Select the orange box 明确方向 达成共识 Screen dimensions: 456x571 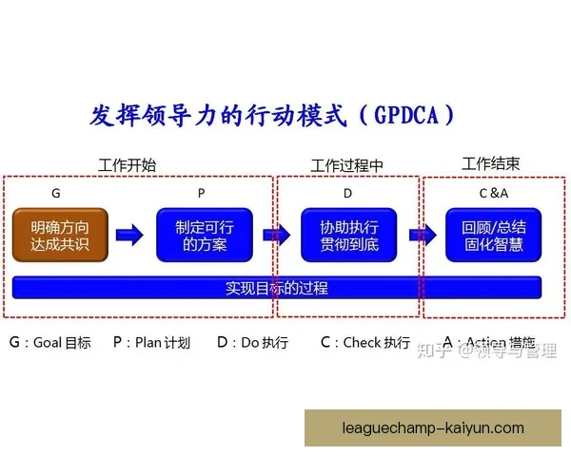point(61,236)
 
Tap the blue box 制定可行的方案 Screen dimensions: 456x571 point(205,236)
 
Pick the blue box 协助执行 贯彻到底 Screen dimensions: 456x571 point(349,236)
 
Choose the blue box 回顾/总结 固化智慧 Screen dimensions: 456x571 point(493,236)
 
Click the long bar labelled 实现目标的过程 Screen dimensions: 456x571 point(276,287)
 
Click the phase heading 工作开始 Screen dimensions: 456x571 point(127,164)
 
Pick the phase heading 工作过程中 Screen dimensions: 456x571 point(346,165)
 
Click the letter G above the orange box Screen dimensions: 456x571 point(56,193)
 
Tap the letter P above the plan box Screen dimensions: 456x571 point(201,193)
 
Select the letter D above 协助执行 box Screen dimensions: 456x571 point(347,193)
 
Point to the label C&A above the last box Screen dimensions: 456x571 point(494,193)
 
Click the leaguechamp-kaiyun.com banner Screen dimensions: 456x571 point(433,427)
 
